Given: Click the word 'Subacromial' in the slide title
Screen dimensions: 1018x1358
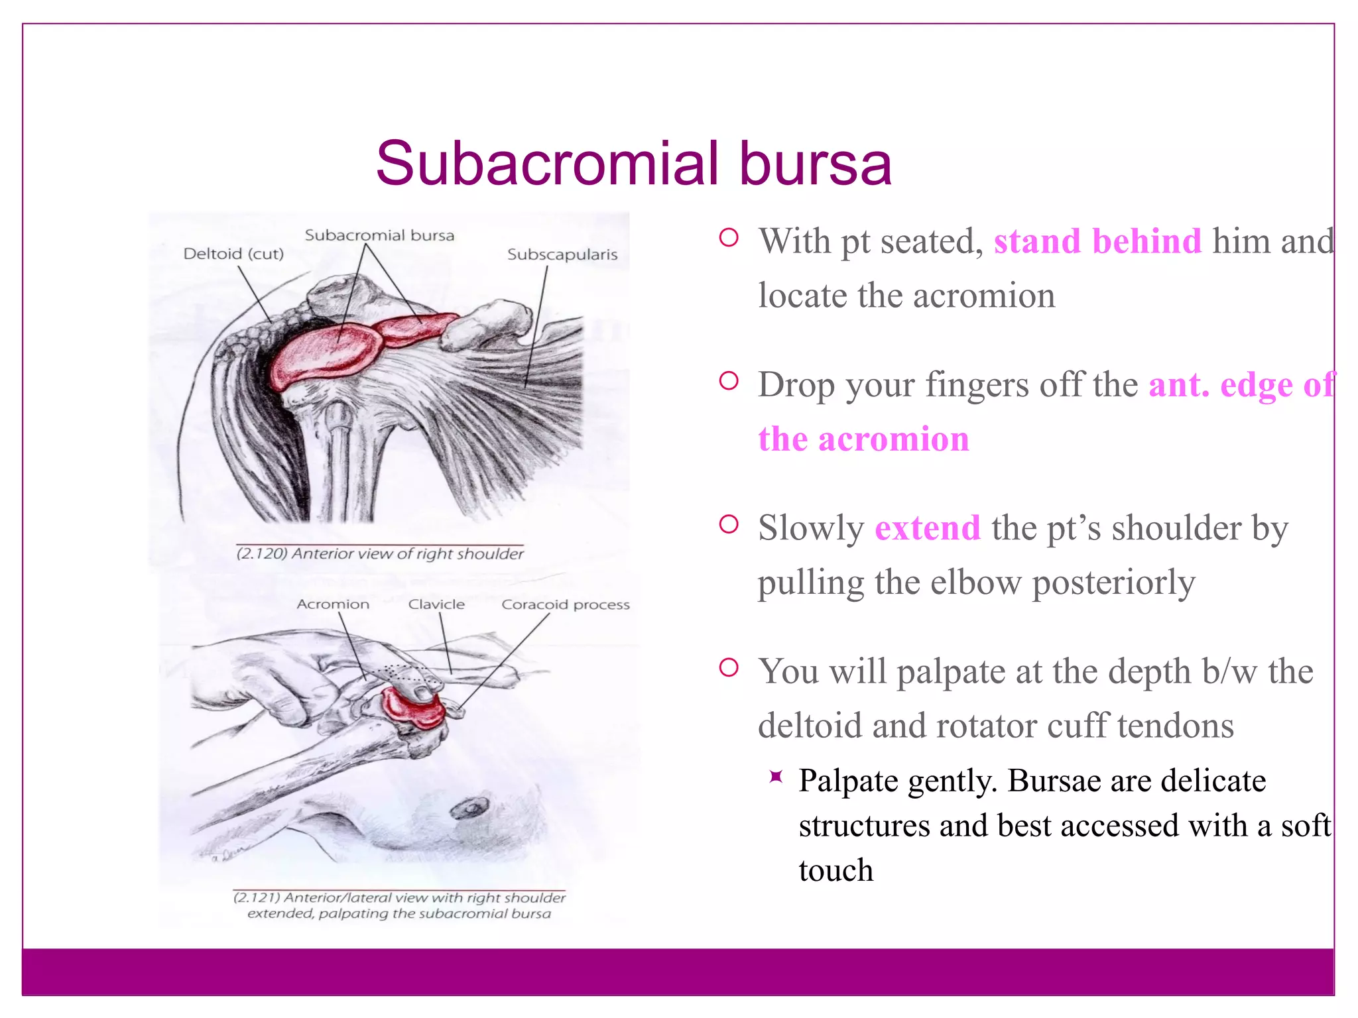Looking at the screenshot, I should pyautogui.click(x=548, y=164).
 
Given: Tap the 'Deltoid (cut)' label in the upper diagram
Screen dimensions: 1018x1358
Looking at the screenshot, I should pyautogui.click(x=233, y=254).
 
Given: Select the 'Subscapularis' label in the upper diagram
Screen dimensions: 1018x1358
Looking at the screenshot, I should pyautogui.click(x=562, y=254).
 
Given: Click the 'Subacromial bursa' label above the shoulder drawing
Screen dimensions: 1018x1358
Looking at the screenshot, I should pyautogui.click(x=379, y=235).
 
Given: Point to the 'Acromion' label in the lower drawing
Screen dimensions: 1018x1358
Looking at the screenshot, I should pyautogui.click(x=333, y=604).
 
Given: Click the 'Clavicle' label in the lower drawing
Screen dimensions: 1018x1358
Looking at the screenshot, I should pyautogui.click(x=436, y=604).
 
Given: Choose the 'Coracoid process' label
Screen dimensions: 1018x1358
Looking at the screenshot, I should pyautogui.click(x=566, y=604).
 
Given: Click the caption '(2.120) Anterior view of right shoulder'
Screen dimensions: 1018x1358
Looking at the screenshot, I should pyautogui.click(x=380, y=553).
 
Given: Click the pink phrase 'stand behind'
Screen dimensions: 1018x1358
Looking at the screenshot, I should pyautogui.click(x=1097, y=241).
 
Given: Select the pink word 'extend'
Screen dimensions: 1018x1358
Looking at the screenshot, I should pyautogui.click(x=928, y=528).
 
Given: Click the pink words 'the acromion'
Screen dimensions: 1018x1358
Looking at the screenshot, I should pyautogui.click(x=863, y=439).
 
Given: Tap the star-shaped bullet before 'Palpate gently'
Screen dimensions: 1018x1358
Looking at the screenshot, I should pyautogui.click(x=776, y=777).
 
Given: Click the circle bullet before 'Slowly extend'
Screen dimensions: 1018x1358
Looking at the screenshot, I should pyautogui.click(x=729, y=525).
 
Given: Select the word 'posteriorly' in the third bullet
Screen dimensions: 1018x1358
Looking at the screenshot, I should pyautogui.click(x=1113, y=583).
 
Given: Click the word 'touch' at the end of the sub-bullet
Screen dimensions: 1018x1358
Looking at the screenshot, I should pyautogui.click(x=835, y=870).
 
